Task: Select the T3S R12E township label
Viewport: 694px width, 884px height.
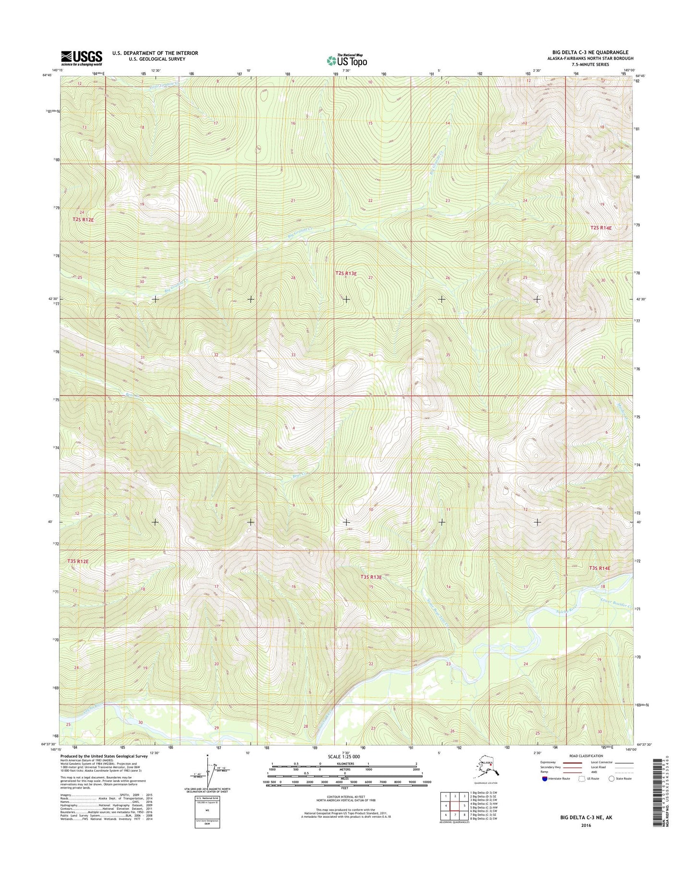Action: tap(78, 561)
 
